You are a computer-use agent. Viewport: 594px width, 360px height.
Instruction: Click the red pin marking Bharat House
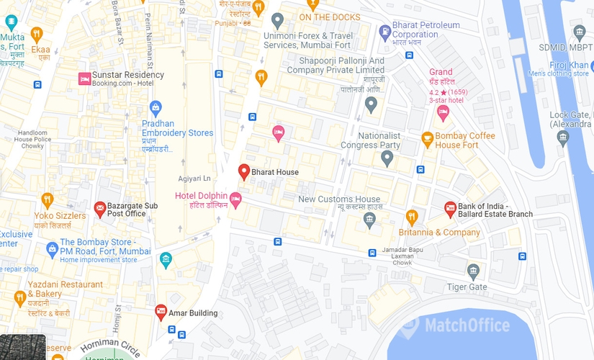click(244, 172)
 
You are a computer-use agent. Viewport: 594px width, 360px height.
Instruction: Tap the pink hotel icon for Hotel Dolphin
click(235, 199)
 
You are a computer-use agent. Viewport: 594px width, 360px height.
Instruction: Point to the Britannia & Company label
click(439, 233)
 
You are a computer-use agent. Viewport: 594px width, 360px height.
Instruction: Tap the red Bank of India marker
click(450, 209)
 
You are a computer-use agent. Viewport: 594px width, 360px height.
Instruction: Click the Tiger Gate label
click(467, 287)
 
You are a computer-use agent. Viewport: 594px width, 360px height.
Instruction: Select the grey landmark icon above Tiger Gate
click(473, 271)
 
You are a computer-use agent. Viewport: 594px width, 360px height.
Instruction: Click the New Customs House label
click(339, 199)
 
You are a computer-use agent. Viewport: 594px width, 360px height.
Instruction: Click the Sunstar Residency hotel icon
click(84, 78)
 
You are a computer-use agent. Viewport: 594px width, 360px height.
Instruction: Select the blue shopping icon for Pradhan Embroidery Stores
click(156, 108)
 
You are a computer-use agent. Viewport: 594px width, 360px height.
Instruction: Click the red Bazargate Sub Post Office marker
click(100, 209)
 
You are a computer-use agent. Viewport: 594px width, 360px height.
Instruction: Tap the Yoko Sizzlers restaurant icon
click(48, 199)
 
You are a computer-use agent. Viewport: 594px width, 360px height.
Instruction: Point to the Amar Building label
click(193, 313)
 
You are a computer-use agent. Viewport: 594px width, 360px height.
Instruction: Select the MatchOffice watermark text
click(467, 325)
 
